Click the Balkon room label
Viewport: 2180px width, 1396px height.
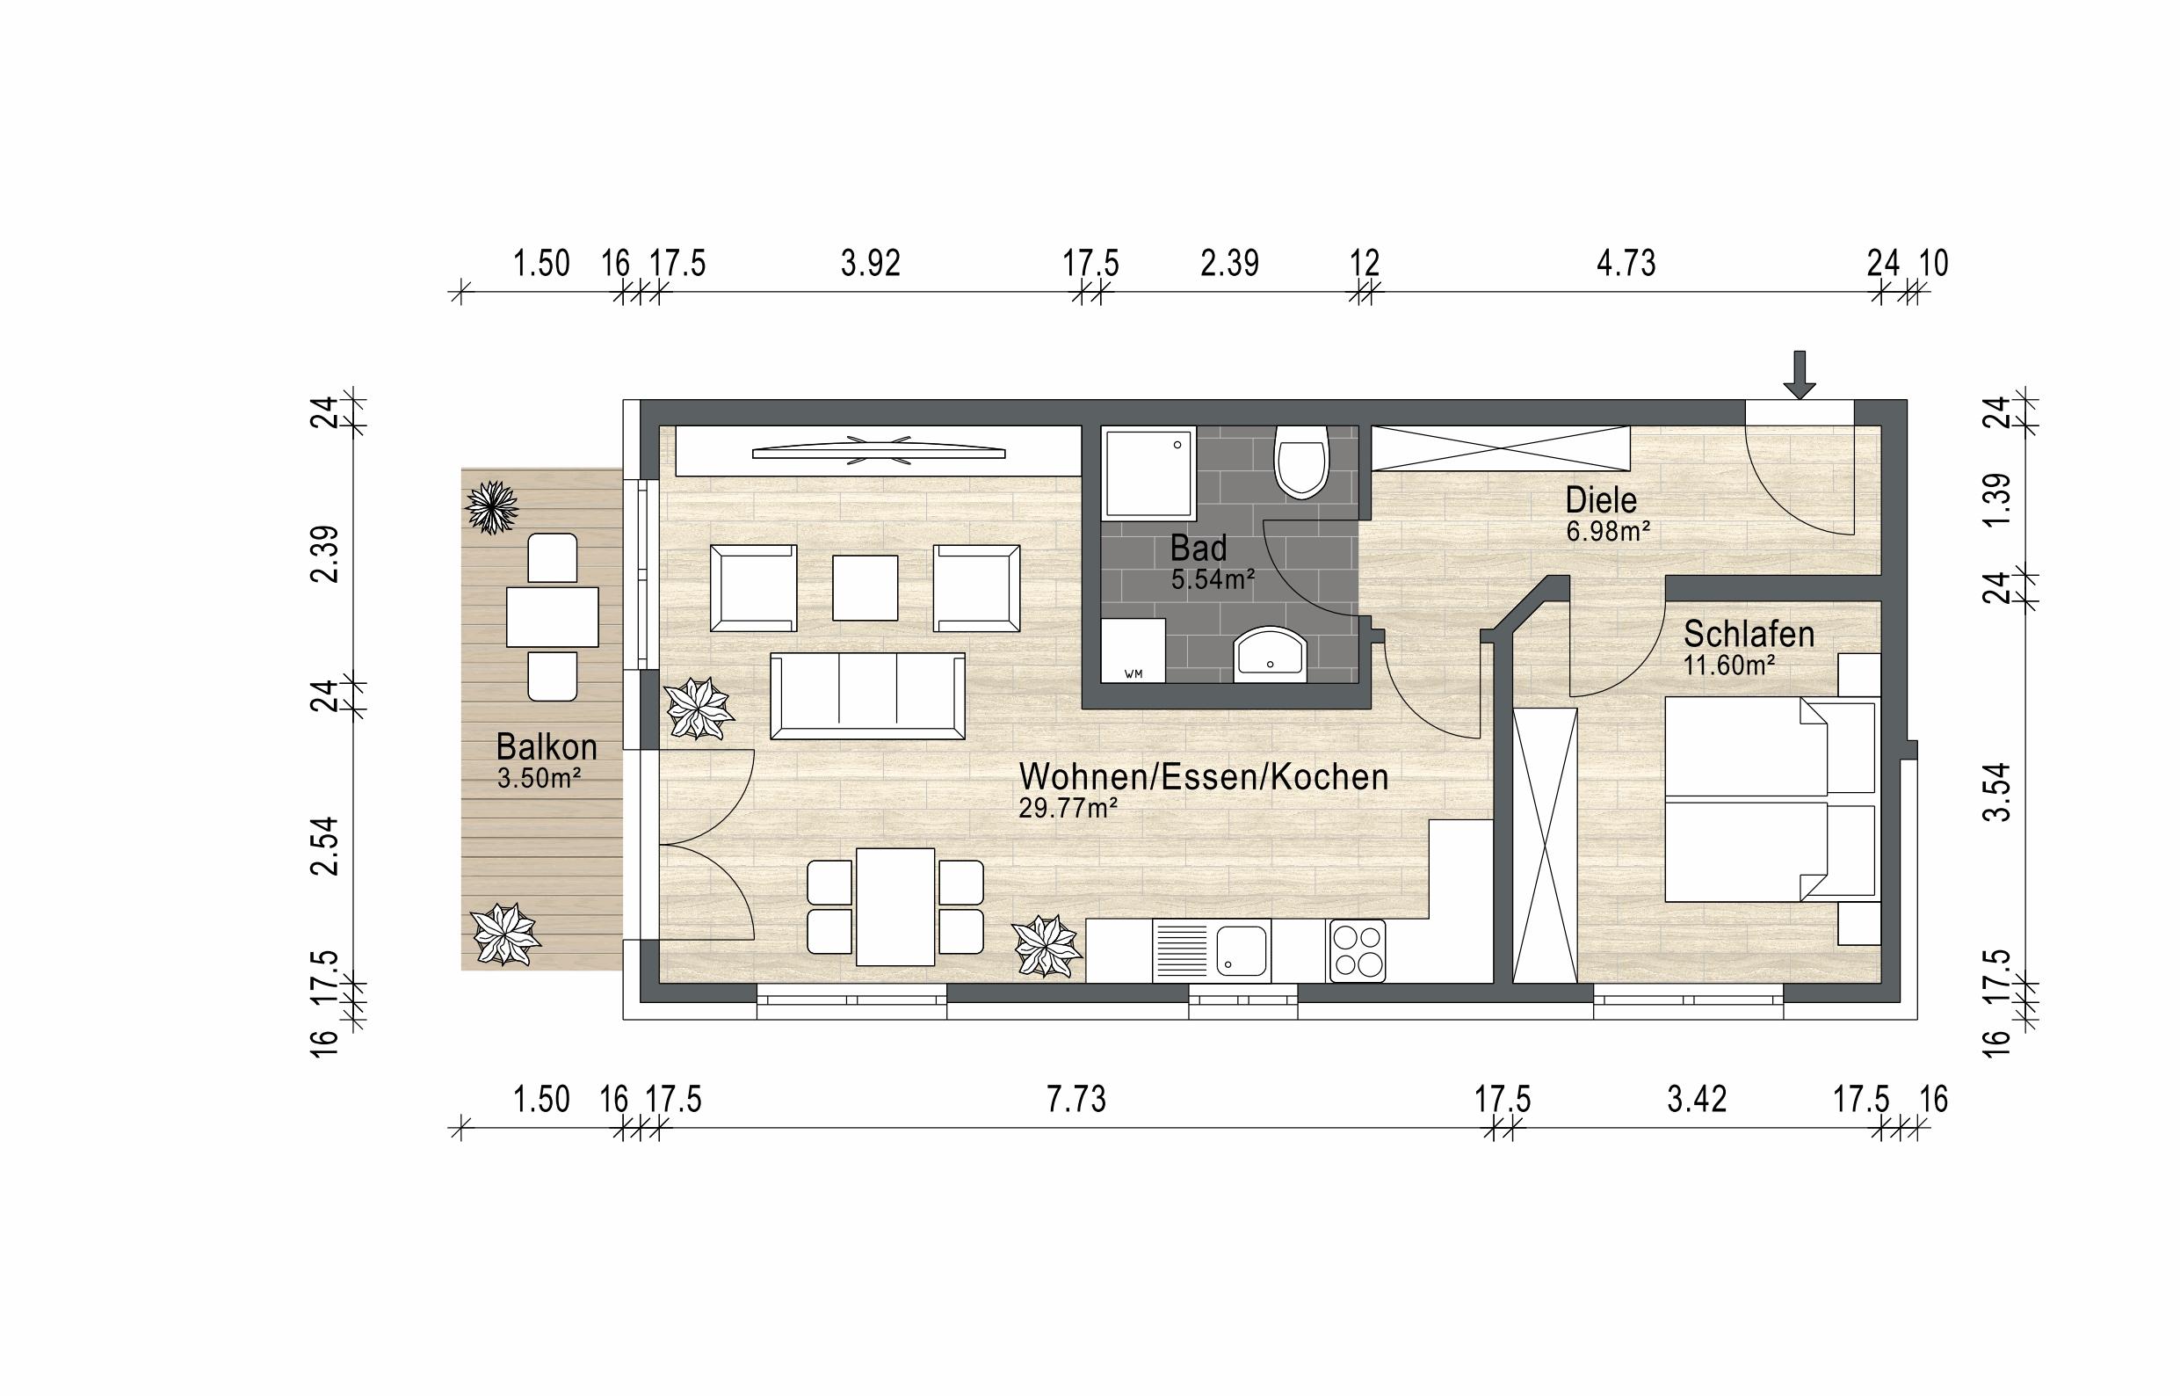(x=547, y=747)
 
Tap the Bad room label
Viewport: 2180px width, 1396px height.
(x=1198, y=549)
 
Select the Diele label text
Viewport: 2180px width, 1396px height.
(x=1601, y=500)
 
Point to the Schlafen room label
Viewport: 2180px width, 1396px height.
(x=1749, y=635)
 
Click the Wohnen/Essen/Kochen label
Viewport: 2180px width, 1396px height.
(x=1203, y=777)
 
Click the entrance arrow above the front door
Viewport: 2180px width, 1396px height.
(x=1800, y=374)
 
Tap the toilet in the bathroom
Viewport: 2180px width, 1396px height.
(x=1300, y=462)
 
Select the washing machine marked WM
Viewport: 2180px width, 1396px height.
(x=1133, y=650)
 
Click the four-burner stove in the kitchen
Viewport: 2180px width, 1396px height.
(x=1357, y=951)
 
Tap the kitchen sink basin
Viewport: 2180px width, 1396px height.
(x=1242, y=951)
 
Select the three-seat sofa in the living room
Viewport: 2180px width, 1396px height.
(x=867, y=696)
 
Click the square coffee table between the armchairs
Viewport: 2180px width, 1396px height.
(x=865, y=587)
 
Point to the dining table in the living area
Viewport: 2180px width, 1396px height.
(x=896, y=906)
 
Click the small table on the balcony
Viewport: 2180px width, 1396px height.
(x=552, y=617)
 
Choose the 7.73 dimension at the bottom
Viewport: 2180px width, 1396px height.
(x=1076, y=1100)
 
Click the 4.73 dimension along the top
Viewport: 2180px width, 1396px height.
(x=1626, y=264)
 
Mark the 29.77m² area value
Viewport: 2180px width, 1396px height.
(x=1068, y=808)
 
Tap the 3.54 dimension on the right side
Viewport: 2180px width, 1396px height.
(x=1997, y=791)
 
